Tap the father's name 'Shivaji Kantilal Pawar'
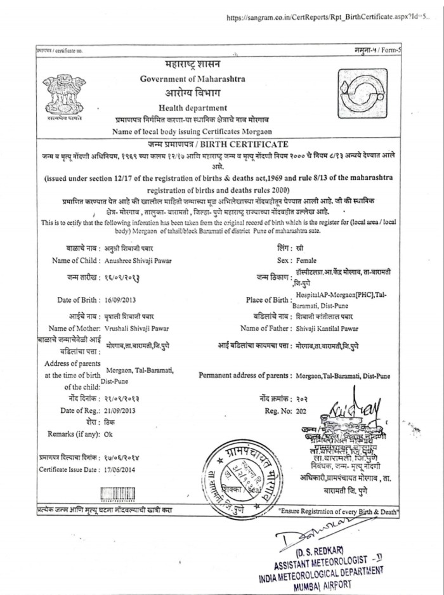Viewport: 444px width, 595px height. click(327, 328)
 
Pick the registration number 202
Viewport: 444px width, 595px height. click(301, 410)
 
